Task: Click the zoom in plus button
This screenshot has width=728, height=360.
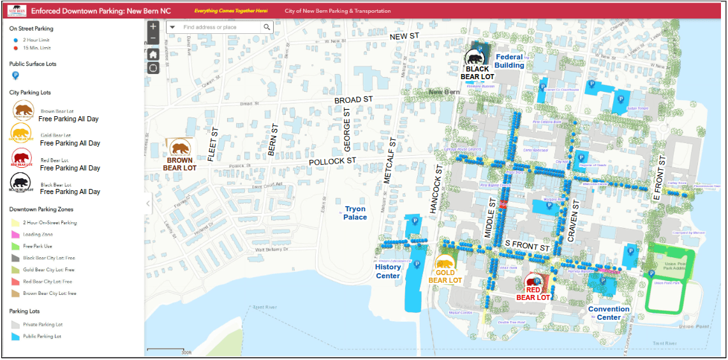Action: pyautogui.click(x=153, y=27)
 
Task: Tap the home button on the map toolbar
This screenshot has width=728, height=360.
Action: pyautogui.click(x=153, y=54)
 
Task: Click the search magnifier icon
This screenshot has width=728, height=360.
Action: pyautogui.click(x=267, y=27)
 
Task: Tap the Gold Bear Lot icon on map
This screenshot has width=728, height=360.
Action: pyautogui.click(x=445, y=263)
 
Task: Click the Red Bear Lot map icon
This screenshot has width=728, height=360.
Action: pyautogui.click(x=533, y=281)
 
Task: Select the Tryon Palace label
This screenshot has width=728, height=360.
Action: pyautogui.click(x=355, y=213)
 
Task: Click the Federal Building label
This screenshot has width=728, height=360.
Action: pyautogui.click(x=509, y=61)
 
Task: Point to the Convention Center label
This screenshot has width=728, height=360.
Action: pyautogui.click(x=609, y=313)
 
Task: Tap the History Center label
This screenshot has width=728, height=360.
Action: pyautogui.click(x=388, y=271)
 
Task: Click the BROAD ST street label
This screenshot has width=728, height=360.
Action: pyautogui.click(x=353, y=100)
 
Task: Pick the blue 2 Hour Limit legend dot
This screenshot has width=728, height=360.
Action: pyautogui.click(x=15, y=40)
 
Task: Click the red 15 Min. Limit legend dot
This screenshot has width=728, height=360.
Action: pyautogui.click(x=15, y=48)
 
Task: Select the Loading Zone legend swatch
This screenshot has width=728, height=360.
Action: pyautogui.click(x=15, y=234)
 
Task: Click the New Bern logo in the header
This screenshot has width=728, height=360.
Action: pyautogui.click(x=17, y=11)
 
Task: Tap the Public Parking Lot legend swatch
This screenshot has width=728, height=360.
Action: pyautogui.click(x=15, y=336)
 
